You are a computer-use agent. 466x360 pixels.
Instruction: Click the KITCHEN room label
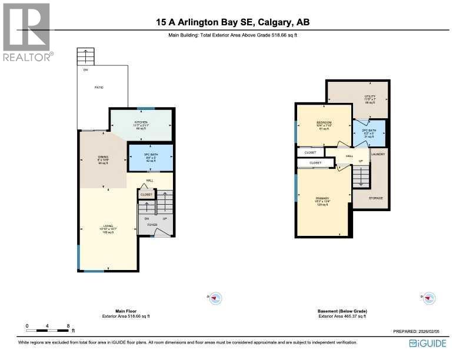tap(140, 122)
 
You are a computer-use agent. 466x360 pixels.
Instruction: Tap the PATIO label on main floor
tap(99, 86)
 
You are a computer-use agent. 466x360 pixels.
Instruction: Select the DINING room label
tap(103, 156)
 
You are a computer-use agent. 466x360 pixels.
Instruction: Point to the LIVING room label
tap(108, 225)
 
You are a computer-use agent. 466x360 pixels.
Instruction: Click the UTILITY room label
tap(370, 96)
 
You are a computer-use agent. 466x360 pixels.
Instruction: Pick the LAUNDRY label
tap(378, 154)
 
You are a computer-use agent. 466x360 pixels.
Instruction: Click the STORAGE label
tap(376, 198)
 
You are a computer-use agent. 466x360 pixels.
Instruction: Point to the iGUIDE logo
tap(427, 343)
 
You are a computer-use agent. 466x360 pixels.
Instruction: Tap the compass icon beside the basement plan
tap(429, 298)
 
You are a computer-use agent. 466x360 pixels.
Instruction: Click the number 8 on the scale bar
tap(69, 325)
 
